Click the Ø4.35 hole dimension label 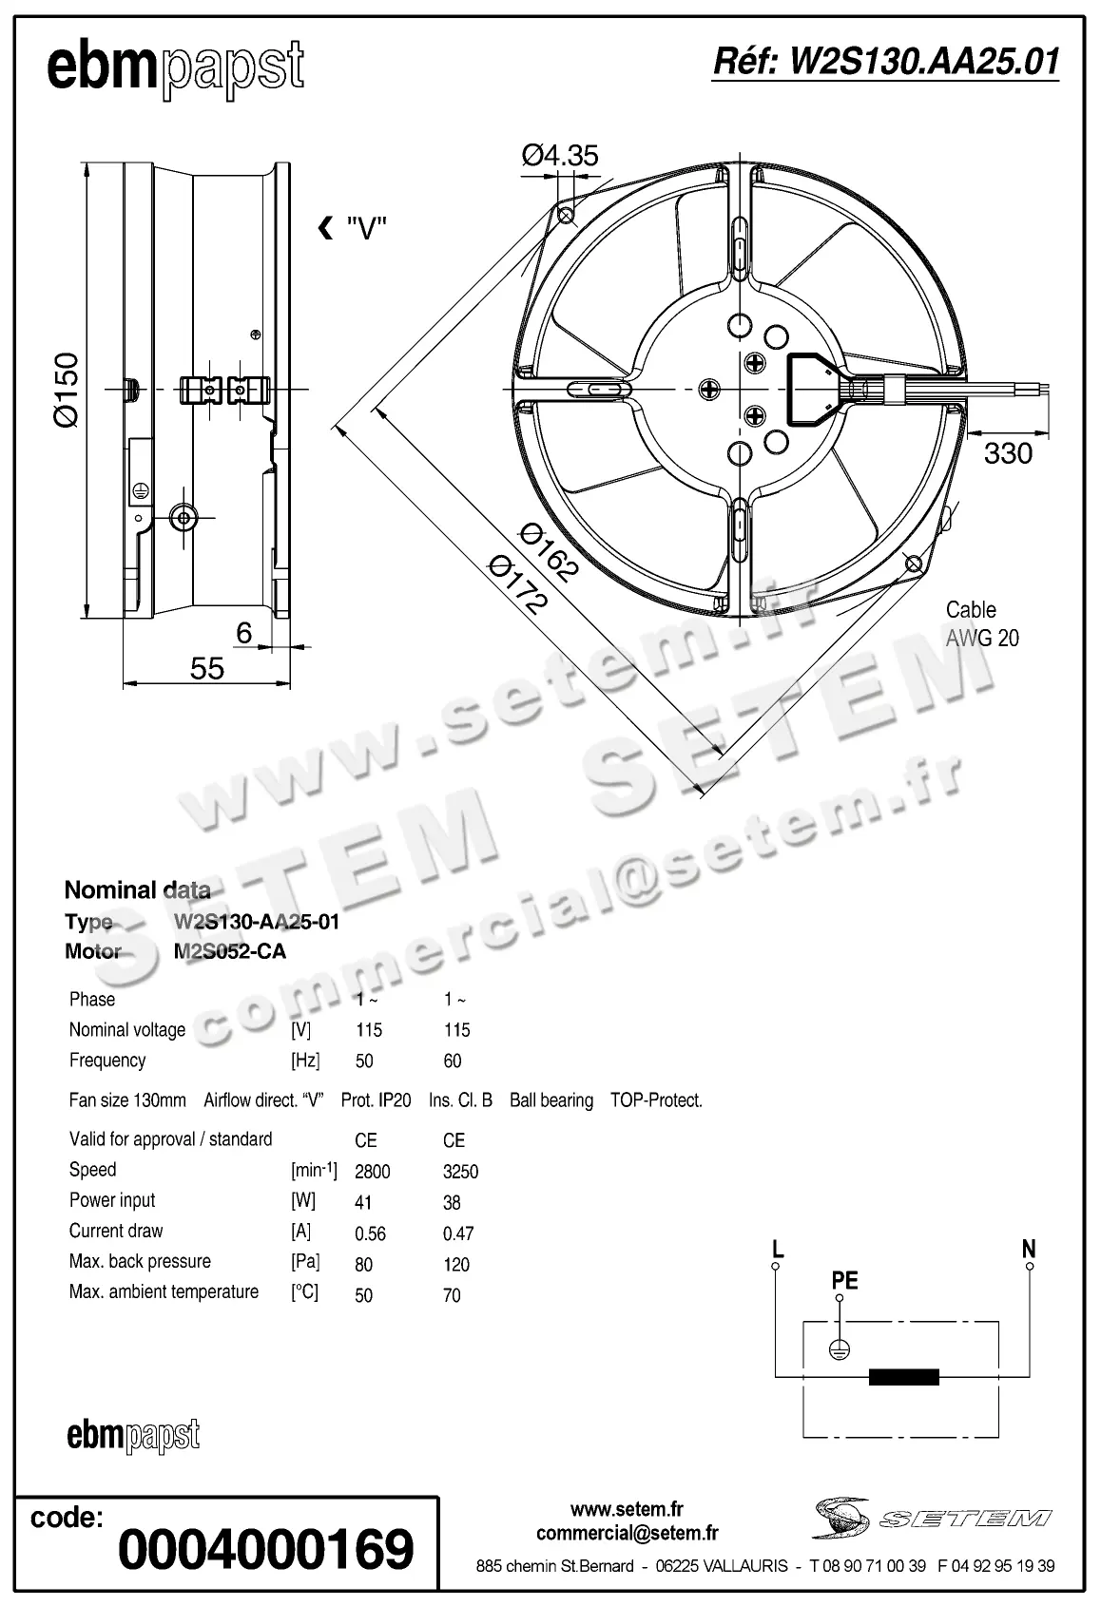click(560, 155)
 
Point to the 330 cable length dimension click(1008, 453)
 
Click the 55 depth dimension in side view click(206, 668)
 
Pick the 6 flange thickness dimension click(244, 633)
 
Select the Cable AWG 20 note click(981, 624)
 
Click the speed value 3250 click(460, 1172)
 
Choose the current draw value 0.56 click(370, 1233)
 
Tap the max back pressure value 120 click(456, 1265)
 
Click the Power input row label click(112, 1200)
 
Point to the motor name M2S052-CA click(230, 951)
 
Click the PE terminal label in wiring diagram click(844, 1281)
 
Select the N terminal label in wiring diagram click(1029, 1249)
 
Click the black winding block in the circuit click(904, 1377)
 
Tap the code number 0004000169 click(266, 1549)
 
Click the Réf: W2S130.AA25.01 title click(885, 62)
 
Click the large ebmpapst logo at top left click(176, 68)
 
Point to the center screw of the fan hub click(710, 388)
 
